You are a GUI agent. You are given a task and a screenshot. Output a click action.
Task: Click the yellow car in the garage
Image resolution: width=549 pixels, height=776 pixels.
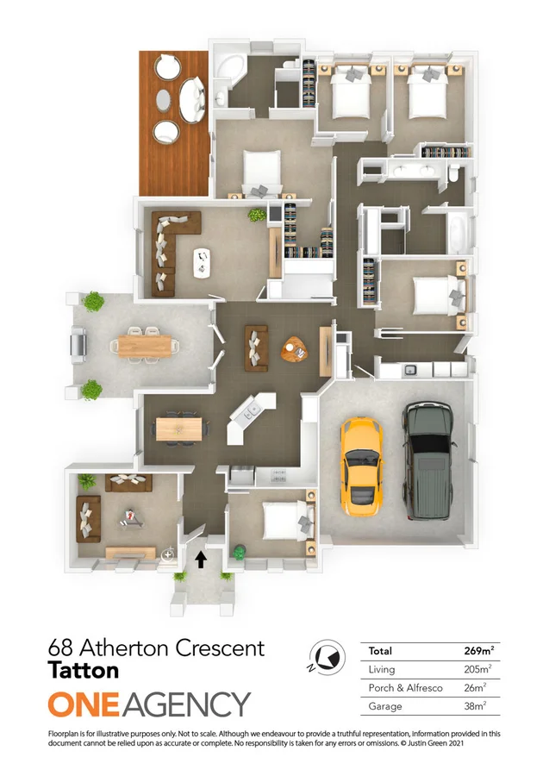point(362,466)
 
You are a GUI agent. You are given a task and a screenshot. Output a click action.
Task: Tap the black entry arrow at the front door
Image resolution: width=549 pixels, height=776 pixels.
point(202,560)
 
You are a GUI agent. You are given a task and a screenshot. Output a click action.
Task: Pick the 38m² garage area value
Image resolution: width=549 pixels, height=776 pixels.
point(478,704)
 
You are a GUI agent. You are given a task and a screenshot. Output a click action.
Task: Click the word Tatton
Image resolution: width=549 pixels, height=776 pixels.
point(84,669)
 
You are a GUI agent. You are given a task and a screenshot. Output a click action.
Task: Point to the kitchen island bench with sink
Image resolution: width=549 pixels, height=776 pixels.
point(251,417)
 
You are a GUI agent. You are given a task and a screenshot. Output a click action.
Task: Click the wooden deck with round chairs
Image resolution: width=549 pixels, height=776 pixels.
point(174,121)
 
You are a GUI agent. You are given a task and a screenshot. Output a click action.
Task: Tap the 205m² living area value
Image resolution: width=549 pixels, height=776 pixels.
point(478,669)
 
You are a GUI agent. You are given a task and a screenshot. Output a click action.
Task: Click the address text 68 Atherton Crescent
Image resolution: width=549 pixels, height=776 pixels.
point(157,648)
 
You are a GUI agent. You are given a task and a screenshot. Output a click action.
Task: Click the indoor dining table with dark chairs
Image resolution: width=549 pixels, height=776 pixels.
point(180,428)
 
